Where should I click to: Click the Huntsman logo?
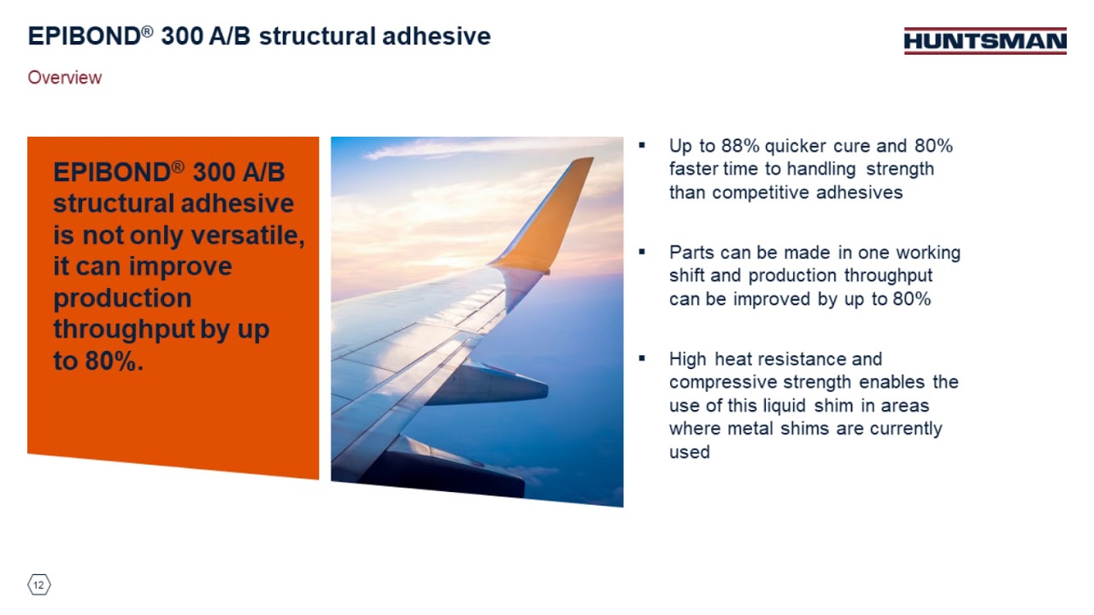[x=985, y=41]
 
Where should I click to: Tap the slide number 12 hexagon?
[x=39, y=585]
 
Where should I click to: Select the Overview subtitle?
[x=65, y=78]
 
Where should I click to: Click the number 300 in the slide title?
[x=184, y=37]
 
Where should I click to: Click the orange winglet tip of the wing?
[x=564, y=205]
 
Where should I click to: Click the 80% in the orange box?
[x=111, y=361]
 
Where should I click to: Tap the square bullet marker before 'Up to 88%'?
[x=642, y=145]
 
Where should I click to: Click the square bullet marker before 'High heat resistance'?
[x=642, y=358]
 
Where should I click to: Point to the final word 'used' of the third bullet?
[x=689, y=452]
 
